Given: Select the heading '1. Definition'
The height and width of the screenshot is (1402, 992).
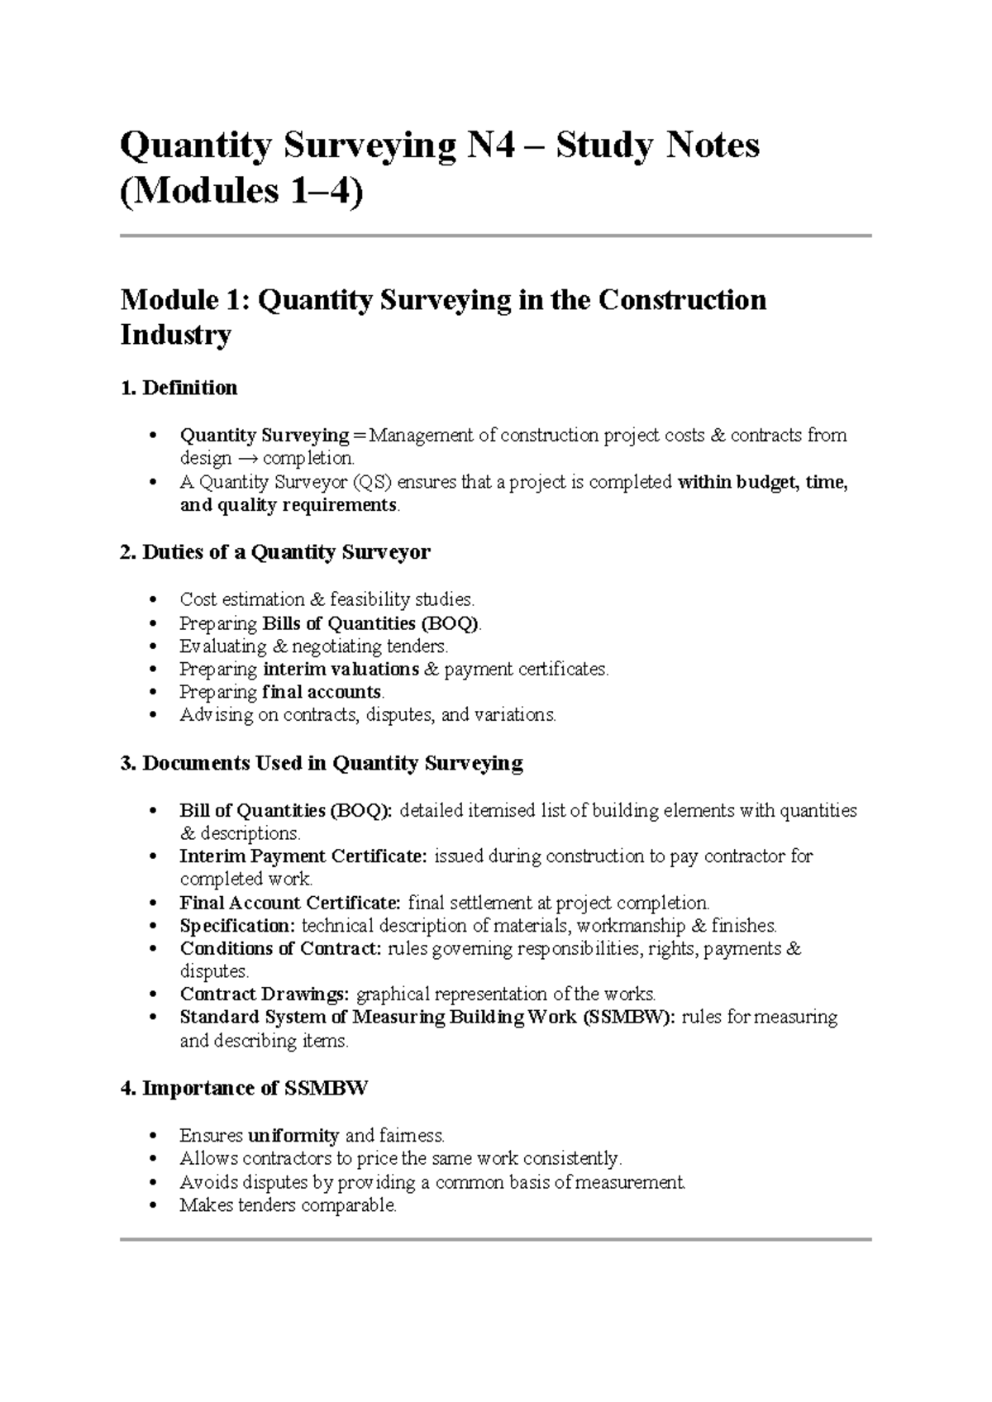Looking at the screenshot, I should (179, 388).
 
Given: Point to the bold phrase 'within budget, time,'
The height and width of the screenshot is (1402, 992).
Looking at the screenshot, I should (762, 482).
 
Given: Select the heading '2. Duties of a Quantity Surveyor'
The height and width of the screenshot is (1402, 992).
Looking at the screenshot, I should (274, 552).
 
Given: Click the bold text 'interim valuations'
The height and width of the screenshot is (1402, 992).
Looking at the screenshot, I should (341, 669).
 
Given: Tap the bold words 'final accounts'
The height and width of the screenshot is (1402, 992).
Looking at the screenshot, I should (322, 692).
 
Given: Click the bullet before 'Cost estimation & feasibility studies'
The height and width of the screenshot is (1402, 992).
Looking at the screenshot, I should (151, 600).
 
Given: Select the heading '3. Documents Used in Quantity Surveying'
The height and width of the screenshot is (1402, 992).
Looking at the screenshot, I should (322, 763).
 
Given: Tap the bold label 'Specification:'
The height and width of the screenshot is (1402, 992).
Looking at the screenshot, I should (237, 925).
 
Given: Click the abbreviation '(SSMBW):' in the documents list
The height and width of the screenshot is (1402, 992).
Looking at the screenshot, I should (628, 1017).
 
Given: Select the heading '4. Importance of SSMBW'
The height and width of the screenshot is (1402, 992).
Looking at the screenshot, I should (244, 1089).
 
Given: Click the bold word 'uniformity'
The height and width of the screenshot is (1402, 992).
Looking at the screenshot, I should (293, 1136).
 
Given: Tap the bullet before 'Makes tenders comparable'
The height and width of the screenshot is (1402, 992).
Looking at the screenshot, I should (151, 1206).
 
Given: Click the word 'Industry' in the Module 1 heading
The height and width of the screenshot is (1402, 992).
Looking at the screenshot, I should (175, 336).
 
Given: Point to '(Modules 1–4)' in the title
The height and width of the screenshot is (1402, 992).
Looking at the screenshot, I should (241, 193).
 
